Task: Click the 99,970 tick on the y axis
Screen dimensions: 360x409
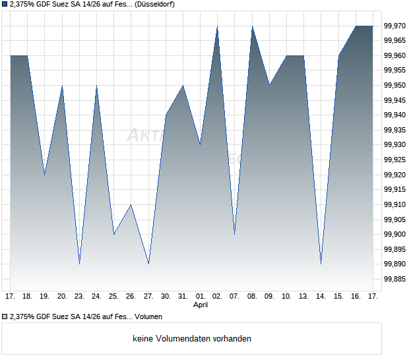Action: (x=395, y=26)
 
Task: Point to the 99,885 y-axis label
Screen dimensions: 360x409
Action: (x=395, y=279)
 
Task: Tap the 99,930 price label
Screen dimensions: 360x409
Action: (x=395, y=145)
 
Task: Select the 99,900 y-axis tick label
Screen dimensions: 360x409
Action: (x=395, y=234)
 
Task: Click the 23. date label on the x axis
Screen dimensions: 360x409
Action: (x=79, y=297)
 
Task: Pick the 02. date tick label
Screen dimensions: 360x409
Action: (x=218, y=297)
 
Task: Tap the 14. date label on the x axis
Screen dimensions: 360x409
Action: (x=321, y=297)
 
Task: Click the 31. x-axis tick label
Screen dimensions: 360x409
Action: (x=183, y=297)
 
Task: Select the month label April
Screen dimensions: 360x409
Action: (x=201, y=305)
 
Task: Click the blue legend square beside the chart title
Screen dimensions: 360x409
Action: (x=5, y=5)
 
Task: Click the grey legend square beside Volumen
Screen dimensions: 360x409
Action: (x=5, y=317)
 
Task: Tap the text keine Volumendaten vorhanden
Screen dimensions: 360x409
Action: (x=191, y=339)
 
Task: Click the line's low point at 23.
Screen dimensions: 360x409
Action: (x=79, y=264)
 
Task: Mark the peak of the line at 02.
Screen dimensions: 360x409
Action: (x=218, y=26)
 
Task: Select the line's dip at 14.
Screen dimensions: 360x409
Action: (x=321, y=264)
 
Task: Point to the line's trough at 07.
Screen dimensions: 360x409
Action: (x=235, y=234)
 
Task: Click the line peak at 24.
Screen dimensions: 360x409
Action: (x=97, y=86)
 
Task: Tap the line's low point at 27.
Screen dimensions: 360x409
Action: (x=148, y=264)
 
